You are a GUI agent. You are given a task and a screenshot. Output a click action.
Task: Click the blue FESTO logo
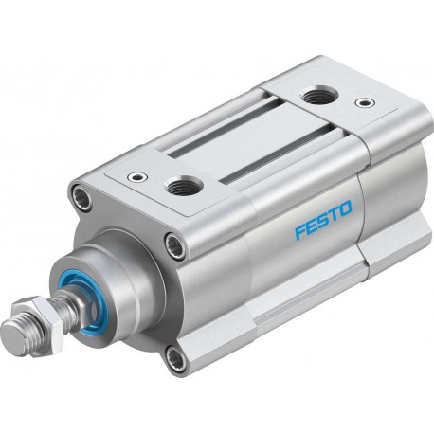pos(323,220)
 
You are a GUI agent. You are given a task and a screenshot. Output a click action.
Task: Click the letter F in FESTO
pos(300,231)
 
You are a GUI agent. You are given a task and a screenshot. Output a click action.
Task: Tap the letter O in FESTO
pos(345,209)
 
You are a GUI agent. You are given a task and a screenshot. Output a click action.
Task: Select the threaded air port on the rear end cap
pos(319,97)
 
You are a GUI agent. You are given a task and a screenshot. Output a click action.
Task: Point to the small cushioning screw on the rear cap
pos(365,102)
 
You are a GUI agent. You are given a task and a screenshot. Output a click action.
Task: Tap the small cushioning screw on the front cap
pos(137,177)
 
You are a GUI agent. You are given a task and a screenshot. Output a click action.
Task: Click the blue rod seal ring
pos(84,305)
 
